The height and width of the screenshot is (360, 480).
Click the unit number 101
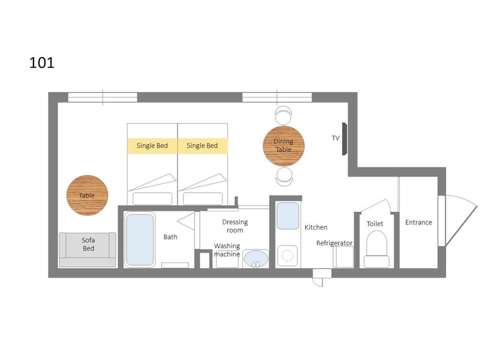click(41, 63)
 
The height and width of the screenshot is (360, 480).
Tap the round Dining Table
click(284, 146)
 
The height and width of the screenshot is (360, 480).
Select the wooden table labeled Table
click(87, 196)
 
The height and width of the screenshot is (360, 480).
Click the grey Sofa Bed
click(88, 250)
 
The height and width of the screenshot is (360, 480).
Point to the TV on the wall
click(344, 139)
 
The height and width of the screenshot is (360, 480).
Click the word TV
click(335, 138)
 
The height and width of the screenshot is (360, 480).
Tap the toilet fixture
click(377, 249)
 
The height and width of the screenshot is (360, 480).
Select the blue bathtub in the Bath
click(140, 239)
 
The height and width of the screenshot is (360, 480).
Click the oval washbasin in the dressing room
click(256, 259)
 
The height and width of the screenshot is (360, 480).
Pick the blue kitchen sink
click(288, 216)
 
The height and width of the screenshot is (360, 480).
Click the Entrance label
click(418, 223)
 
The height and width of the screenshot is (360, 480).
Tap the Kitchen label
click(316, 227)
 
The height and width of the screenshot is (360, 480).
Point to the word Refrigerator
click(334, 243)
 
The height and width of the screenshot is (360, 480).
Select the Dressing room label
click(235, 226)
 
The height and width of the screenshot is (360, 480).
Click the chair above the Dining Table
click(283, 115)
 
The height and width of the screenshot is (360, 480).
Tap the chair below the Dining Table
click(284, 176)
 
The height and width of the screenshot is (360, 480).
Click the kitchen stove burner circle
click(287, 256)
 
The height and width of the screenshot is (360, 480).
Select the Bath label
click(170, 237)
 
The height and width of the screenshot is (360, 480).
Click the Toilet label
click(374, 224)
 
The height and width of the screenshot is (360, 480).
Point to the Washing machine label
click(227, 250)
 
